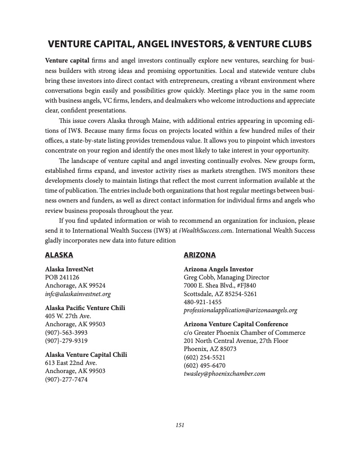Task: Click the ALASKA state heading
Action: click(x=59, y=255)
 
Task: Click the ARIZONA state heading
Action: click(x=199, y=255)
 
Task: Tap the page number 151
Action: click(x=180, y=425)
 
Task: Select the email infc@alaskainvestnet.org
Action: click(x=78, y=294)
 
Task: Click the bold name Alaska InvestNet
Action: click(x=69, y=269)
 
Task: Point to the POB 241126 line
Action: click(x=62, y=277)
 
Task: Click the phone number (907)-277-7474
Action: click(x=66, y=379)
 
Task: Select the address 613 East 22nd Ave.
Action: click(x=71, y=363)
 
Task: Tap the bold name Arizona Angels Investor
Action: click(x=218, y=269)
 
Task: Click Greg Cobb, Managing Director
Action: click(x=226, y=277)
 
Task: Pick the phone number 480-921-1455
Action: click(x=202, y=302)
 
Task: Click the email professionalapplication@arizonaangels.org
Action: click(x=240, y=310)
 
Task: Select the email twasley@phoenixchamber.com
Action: click(x=224, y=373)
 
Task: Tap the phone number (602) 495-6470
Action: click(x=204, y=365)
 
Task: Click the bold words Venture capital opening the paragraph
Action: click(x=67, y=60)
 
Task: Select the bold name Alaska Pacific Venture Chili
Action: click(x=85, y=308)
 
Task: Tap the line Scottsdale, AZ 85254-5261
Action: click(x=220, y=294)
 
